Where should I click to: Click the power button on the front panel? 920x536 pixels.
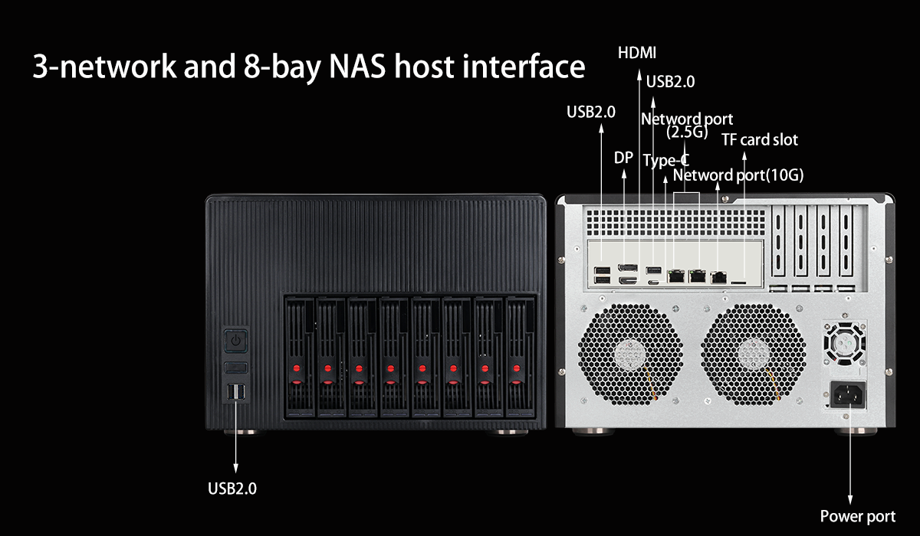pyautogui.click(x=236, y=339)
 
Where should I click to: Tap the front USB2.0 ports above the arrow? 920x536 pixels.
pyautogui.click(x=236, y=393)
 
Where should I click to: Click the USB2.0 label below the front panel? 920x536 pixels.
pyautogui.click(x=232, y=489)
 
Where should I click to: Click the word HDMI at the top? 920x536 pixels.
pyautogui.click(x=637, y=53)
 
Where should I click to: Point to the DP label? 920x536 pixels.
pyautogui.click(x=623, y=158)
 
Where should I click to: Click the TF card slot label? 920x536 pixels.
pyautogui.click(x=759, y=139)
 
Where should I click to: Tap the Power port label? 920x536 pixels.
pyautogui.click(x=857, y=517)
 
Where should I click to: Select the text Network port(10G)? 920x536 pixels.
pyautogui.click(x=738, y=175)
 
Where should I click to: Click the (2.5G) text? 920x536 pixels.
pyautogui.click(x=686, y=132)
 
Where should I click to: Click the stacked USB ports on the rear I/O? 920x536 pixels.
pyautogui.click(x=603, y=275)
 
